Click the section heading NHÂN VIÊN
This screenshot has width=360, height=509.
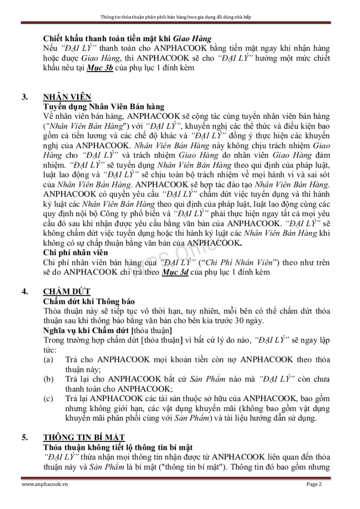point(67,97)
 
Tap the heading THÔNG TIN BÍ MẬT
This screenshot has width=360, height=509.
point(84,437)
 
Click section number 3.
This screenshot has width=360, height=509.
point(25,97)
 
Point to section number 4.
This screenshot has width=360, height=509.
point(25,292)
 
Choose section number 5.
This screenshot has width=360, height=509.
point(25,437)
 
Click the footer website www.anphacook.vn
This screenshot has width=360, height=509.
point(45,484)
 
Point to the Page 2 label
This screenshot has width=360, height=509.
point(314,484)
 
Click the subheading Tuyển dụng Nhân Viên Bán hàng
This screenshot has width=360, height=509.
point(103,106)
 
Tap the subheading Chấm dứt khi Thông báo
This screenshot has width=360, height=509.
point(89,301)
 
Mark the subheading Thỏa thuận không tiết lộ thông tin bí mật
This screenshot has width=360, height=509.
point(118,447)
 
